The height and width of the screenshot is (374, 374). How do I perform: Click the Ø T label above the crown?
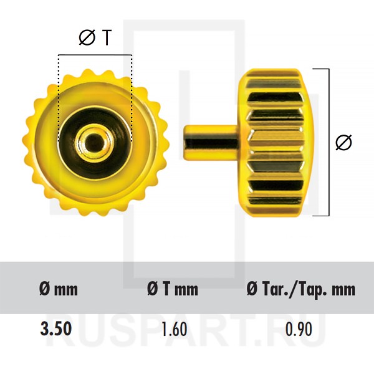(x=95, y=37)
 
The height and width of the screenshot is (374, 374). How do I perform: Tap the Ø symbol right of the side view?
(x=343, y=143)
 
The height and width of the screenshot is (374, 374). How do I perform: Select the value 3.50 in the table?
(x=56, y=328)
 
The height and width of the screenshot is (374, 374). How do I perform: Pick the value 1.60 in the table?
(x=174, y=329)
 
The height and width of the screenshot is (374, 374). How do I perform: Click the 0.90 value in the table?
(x=299, y=329)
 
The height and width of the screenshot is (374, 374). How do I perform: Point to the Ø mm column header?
(x=59, y=289)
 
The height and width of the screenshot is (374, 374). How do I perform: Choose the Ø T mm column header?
(x=173, y=289)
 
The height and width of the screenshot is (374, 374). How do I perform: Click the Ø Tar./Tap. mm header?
(x=301, y=290)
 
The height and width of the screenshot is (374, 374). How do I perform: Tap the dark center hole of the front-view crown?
(x=94, y=142)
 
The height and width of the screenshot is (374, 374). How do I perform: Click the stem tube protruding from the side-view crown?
(x=211, y=143)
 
